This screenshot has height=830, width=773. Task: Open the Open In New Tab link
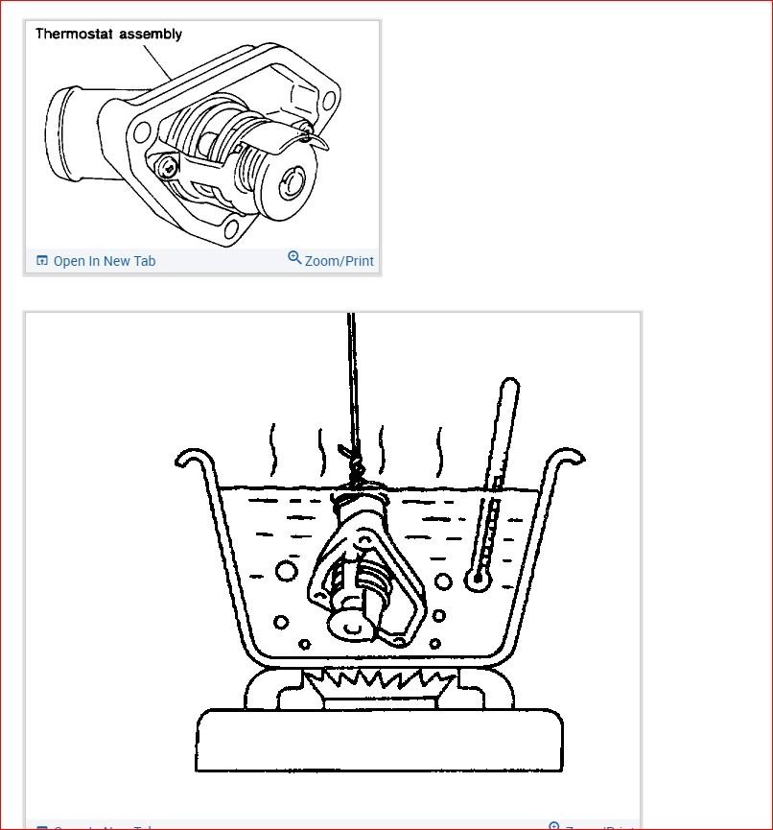click(x=104, y=261)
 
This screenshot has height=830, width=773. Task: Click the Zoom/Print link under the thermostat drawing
click(x=339, y=261)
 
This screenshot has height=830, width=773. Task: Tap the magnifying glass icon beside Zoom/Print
click(x=294, y=258)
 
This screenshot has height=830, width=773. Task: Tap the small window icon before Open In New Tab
click(x=41, y=260)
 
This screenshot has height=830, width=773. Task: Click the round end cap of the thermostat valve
click(x=293, y=179)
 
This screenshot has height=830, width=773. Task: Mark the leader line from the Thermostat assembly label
click(x=156, y=62)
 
